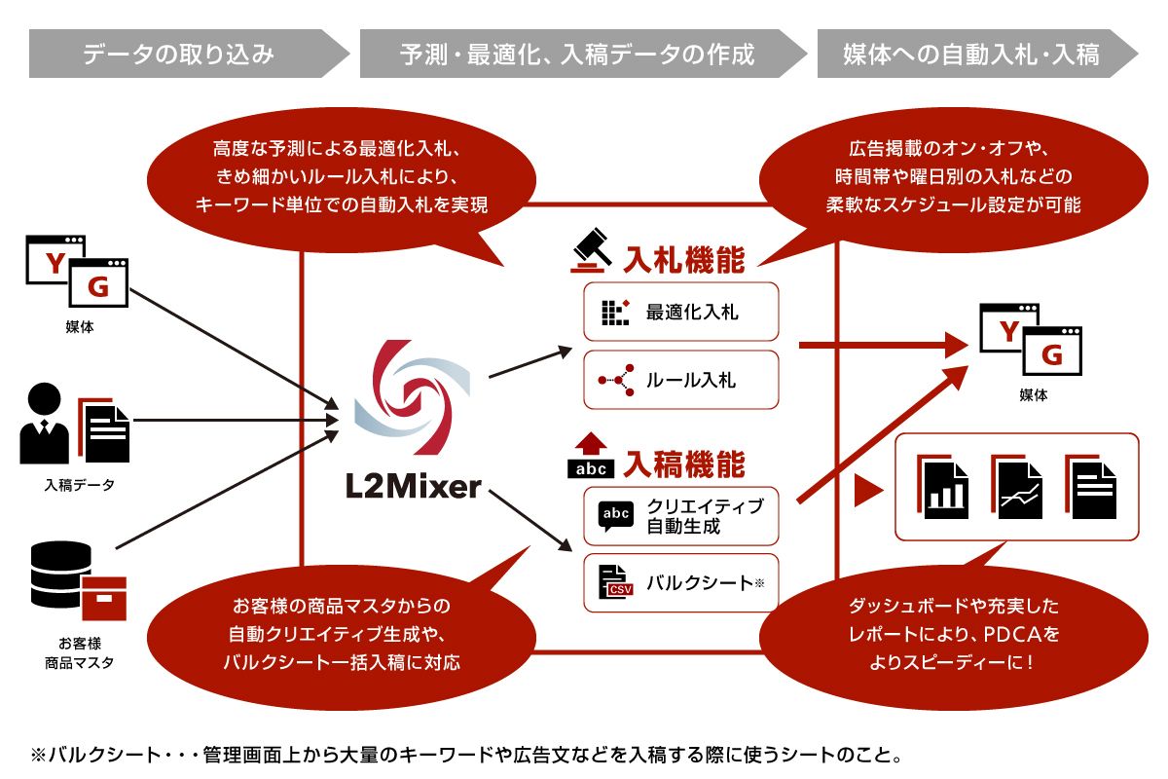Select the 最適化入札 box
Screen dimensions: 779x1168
pos(681,312)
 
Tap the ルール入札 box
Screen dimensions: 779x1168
pos(681,380)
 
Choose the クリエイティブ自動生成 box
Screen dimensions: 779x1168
pos(681,516)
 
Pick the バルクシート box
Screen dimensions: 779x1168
pos(681,583)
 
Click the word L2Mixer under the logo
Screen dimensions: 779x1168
pos(413,485)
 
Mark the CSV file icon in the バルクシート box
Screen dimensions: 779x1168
pos(615,583)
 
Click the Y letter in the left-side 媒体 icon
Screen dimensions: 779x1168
pos(56,263)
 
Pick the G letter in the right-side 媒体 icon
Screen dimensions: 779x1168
pos(1052,354)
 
